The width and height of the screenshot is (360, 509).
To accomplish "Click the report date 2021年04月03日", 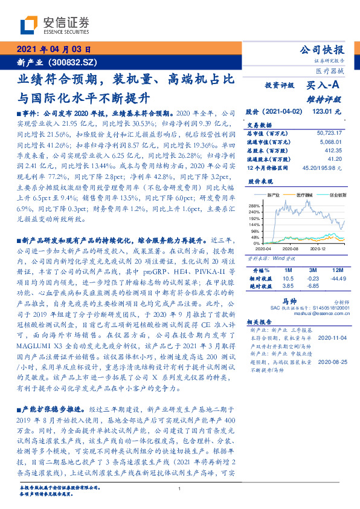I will point(54,50).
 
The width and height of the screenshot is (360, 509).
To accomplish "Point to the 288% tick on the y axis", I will point(254,207).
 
